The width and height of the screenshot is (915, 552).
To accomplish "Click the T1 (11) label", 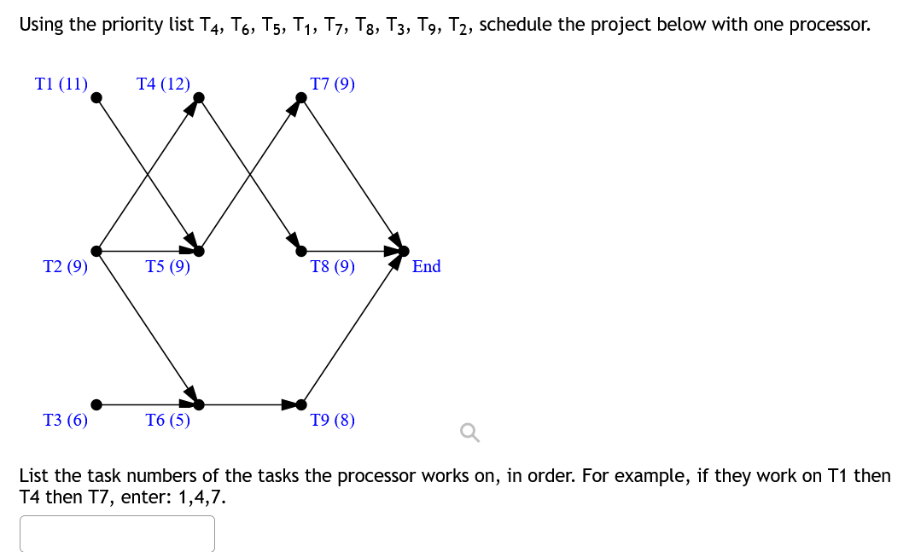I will pos(61,84).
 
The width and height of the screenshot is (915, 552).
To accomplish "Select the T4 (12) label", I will pos(163,84).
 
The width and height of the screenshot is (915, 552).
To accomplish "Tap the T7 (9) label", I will pos(333,84).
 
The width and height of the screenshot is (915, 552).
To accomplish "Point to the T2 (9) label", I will pos(66,266).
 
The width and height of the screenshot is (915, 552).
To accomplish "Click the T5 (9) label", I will pos(167,266).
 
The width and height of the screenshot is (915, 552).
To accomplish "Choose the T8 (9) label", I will pos(333,266).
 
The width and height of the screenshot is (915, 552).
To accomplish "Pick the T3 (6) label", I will pos(66,420).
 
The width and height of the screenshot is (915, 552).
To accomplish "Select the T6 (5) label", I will pos(167,420).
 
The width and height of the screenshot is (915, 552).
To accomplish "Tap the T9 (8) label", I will pos(333,420).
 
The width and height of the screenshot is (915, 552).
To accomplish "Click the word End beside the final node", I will pos(426,266).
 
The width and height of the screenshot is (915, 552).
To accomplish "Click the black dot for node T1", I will pos(96,97).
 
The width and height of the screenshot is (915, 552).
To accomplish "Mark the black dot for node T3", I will pos(96,404).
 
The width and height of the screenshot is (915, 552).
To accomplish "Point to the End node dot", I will pos(404,251).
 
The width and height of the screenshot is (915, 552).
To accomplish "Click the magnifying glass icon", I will pos(469,434).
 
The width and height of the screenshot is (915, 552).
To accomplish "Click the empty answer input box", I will pos(117,533).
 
